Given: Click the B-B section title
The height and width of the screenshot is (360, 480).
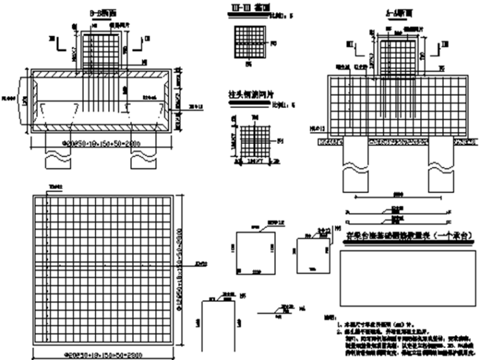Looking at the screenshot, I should pyautogui.click(x=95, y=11).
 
